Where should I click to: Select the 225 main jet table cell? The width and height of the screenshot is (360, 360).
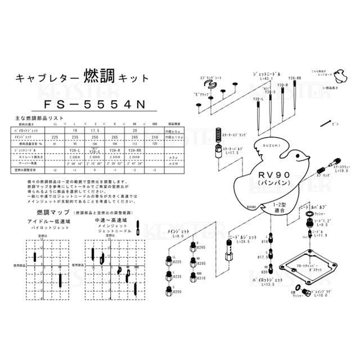pos(55,137)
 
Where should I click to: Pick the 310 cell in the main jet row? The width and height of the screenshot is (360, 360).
pos(154,137)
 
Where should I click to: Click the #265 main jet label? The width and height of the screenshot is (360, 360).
pos(201,247)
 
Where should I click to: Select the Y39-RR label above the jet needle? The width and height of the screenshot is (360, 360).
pos(295,78)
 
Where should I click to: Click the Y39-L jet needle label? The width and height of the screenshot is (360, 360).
pos(258,99)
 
